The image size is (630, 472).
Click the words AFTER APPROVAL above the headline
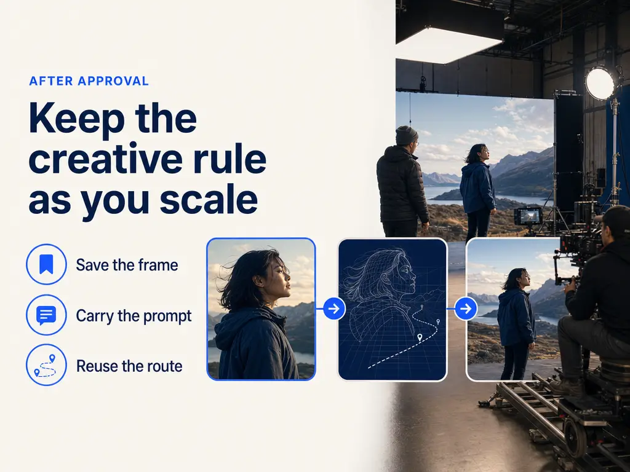pyautogui.click(x=89, y=81)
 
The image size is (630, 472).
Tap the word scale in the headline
pyautogui.click(x=209, y=199)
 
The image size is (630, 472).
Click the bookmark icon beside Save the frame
pyautogui.click(x=46, y=264)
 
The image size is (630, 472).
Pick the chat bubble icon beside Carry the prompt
pyautogui.click(x=46, y=315)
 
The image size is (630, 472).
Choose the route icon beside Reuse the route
pyautogui.click(x=46, y=365)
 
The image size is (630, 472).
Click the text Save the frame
pyautogui.click(x=127, y=265)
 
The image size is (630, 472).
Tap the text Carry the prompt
pyautogui.click(x=134, y=316)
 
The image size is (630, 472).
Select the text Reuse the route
pyautogui.click(x=129, y=366)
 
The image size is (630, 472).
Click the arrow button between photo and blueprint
pyautogui.click(x=334, y=309)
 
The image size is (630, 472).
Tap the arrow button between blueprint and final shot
pyautogui.click(x=466, y=309)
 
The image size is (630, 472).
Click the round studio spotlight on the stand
pyautogui.click(x=600, y=83)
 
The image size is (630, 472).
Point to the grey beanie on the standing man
pyautogui.click(x=406, y=135)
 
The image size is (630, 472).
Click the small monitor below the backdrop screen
pyautogui.click(x=527, y=216)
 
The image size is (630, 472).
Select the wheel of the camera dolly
pyautogui.click(x=575, y=437)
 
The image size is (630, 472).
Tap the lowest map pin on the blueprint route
pyautogui.click(x=420, y=337)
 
